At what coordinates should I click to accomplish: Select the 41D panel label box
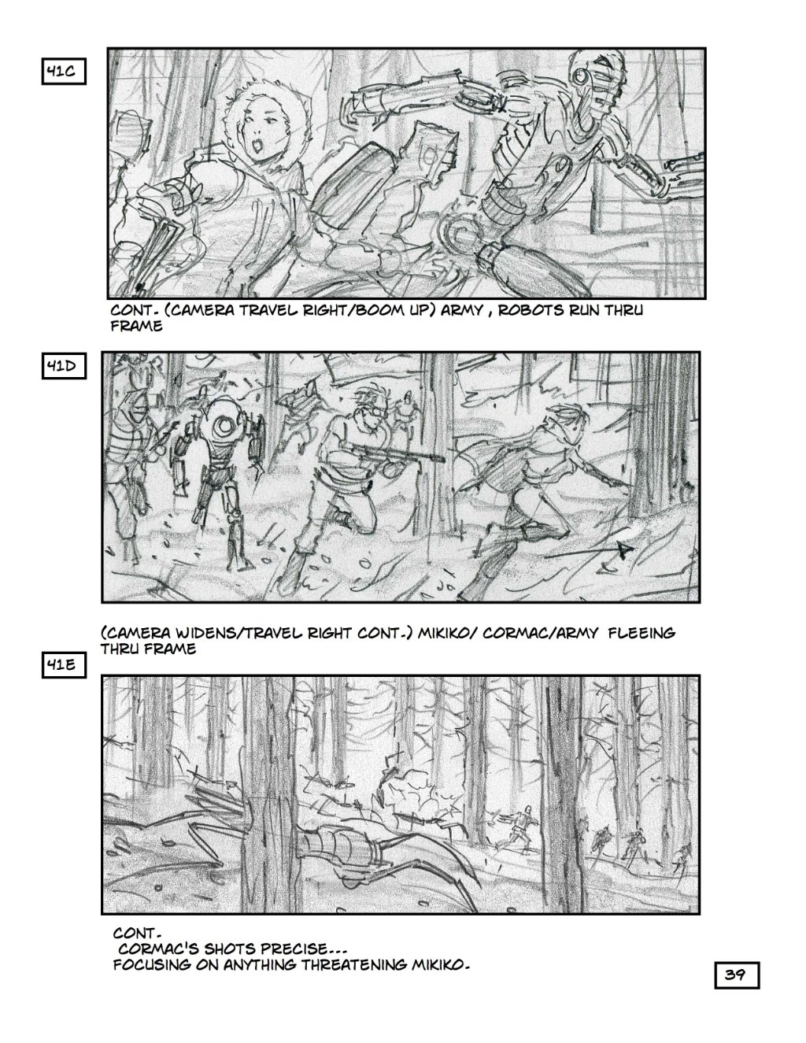[64, 367]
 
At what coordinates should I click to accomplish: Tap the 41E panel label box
[64, 666]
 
